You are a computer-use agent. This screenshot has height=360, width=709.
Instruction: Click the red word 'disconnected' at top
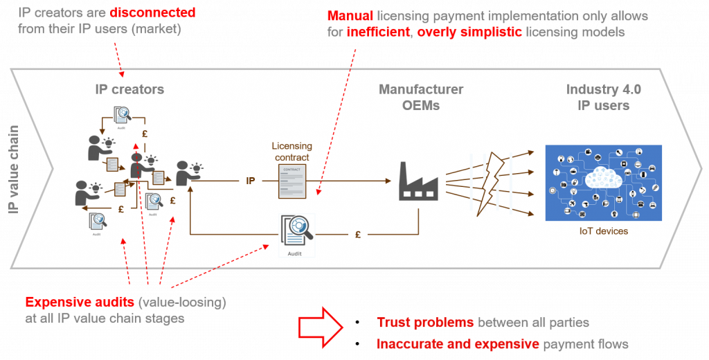[152, 13]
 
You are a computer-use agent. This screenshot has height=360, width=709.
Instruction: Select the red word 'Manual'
[350, 16]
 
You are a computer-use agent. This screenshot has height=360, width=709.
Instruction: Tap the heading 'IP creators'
[129, 89]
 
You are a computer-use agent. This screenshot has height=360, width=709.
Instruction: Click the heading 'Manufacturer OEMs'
[420, 98]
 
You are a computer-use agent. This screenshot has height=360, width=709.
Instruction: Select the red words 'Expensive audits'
[71, 303]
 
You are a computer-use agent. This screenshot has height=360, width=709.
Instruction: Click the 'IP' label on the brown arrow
[251, 181]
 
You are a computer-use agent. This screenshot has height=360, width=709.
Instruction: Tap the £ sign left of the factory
[357, 235]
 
